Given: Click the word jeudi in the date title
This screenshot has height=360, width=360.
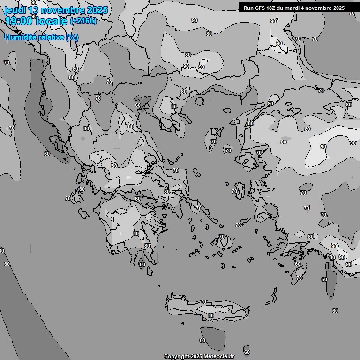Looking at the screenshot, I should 15,10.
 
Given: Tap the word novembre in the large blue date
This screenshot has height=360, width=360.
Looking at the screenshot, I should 61,10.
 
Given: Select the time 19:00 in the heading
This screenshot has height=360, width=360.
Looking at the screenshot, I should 18,21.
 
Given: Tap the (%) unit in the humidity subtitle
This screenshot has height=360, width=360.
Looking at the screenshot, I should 72,37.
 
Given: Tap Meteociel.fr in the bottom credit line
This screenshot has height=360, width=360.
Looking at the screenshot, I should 219,356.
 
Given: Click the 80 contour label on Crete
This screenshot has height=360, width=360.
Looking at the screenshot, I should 211,315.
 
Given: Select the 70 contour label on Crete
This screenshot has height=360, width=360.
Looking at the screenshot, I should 203,302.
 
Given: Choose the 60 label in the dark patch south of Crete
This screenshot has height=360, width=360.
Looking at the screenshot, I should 202,340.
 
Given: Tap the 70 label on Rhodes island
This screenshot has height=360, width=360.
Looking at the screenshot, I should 299,278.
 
